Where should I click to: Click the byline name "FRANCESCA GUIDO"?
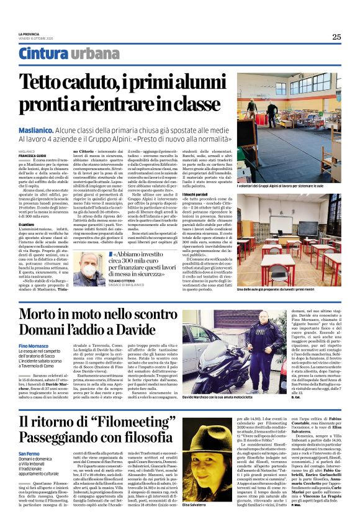32,155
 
